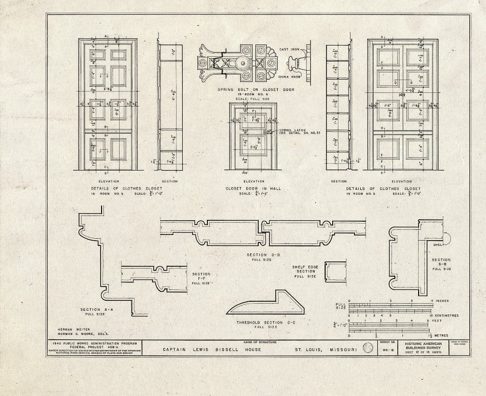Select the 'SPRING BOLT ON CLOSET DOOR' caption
[256, 90]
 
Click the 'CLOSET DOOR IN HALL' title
[253, 189]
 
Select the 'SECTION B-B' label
[441, 260]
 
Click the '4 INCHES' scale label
[439, 301]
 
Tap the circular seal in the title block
[368, 348]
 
